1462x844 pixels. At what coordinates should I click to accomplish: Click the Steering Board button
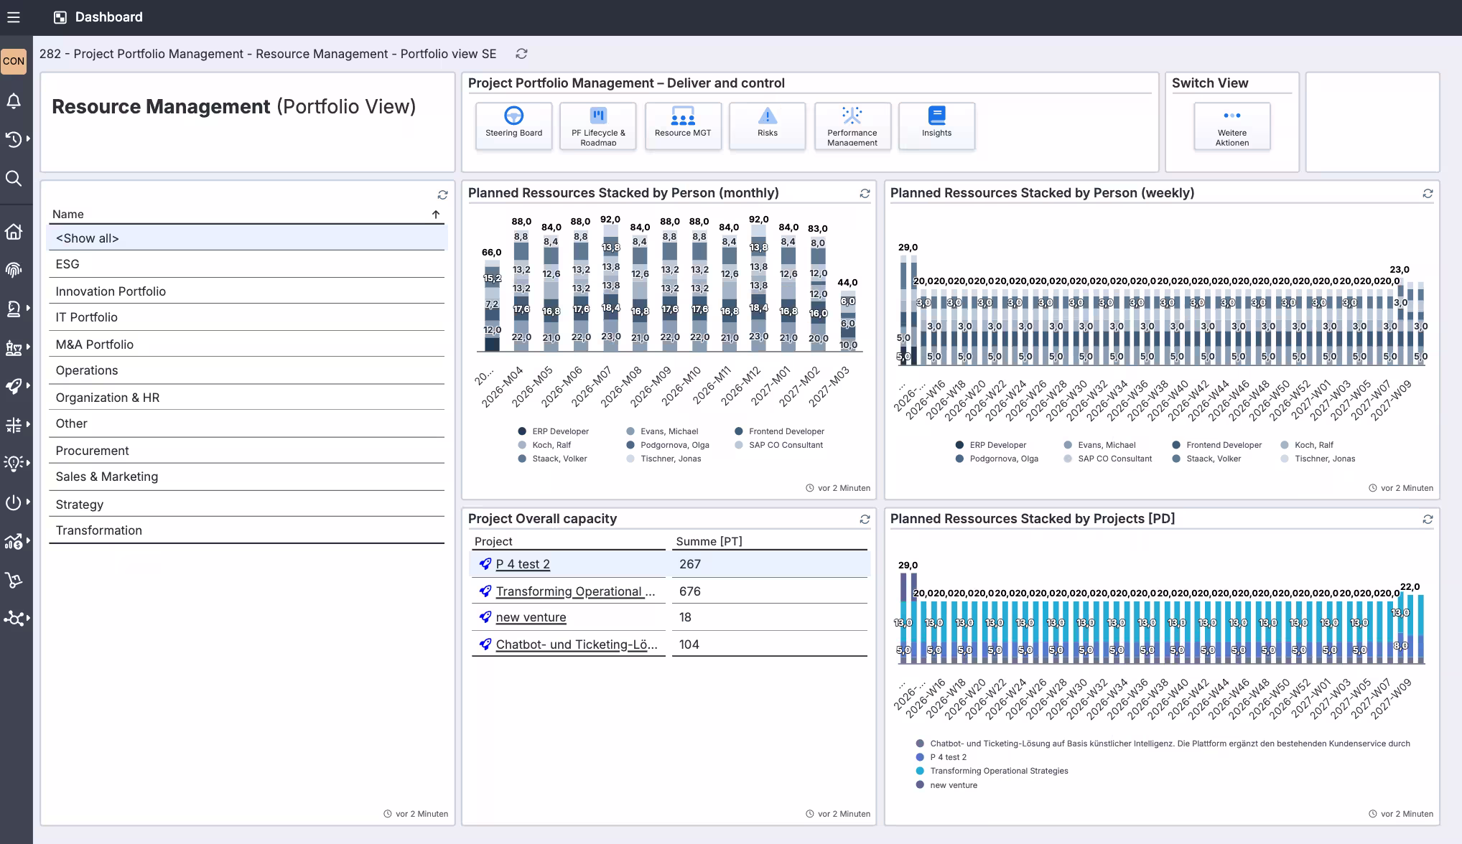coord(513,126)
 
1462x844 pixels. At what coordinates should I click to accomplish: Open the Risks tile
coord(767,126)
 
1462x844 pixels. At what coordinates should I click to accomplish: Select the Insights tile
coord(936,126)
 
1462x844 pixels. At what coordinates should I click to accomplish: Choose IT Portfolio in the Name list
coord(86,317)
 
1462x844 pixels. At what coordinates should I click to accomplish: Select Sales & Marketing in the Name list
coord(106,477)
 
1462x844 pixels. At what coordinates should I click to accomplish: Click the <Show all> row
coord(87,238)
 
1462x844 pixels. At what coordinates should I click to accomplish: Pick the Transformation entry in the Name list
coord(98,530)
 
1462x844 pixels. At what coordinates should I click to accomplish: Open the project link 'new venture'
coord(531,617)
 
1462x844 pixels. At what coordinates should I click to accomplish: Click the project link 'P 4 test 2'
coord(523,564)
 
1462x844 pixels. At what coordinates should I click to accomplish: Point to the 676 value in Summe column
coord(689,591)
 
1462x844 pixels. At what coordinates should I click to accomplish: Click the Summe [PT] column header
coord(709,541)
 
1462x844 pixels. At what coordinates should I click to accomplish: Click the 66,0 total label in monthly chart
coord(491,253)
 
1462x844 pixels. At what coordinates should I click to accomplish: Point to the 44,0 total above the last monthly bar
coord(847,283)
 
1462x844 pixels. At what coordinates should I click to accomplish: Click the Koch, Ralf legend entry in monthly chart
coord(551,445)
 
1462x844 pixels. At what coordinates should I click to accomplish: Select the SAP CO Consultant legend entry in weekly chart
coord(1114,459)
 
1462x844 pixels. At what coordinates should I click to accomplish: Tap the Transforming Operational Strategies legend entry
coord(998,771)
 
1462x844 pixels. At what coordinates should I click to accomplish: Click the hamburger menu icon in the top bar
coord(14,17)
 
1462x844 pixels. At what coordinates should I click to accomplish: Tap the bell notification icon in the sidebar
coord(14,101)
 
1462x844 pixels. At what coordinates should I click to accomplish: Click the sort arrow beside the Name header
coord(435,215)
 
